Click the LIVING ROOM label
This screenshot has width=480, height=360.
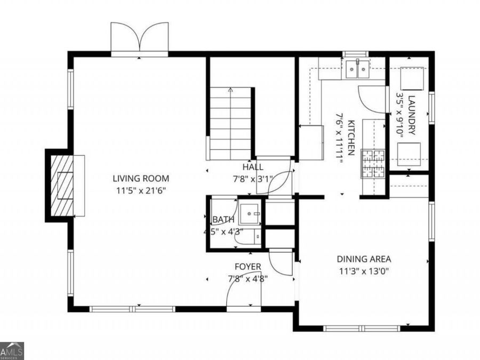coord(141,178)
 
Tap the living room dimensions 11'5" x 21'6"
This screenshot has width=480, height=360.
coord(141,191)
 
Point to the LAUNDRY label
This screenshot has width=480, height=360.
coord(412,115)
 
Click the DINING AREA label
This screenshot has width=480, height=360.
coord(364,259)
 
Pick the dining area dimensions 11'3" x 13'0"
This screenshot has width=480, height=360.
coord(364,271)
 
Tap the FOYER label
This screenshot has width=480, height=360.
coord(248,267)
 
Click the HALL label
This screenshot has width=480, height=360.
coord(253,167)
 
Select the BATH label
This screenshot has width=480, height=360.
coord(223,220)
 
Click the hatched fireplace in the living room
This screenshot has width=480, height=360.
coord(62,186)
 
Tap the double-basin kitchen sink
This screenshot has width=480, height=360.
coord(357,69)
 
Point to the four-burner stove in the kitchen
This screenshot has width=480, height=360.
coord(373,164)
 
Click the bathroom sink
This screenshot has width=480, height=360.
coord(250,214)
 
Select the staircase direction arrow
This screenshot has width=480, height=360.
coord(230,90)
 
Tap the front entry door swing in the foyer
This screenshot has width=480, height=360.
coord(244,292)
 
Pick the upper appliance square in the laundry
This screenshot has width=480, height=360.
coord(412,79)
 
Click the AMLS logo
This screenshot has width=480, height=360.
coord(12,351)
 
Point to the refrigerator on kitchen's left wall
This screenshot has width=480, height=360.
coord(311,142)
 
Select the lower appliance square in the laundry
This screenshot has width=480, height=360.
coord(409,154)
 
